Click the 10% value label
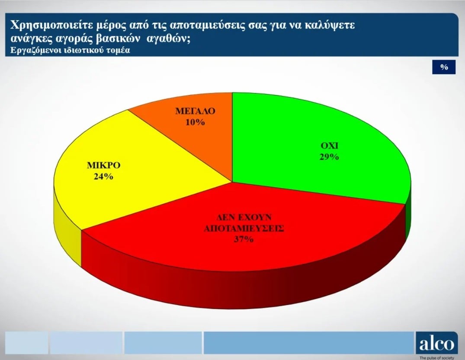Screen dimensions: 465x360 tap(195, 122)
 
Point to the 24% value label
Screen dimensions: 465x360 tap(103, 176)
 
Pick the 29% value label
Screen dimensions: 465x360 tap(329, 157)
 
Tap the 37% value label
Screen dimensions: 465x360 tap(244, 239)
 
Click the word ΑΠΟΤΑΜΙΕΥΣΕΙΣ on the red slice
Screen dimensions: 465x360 tap(244, 229)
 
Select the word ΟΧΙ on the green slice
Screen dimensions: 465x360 tap(329, 146)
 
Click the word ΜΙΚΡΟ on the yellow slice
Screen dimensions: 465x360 tap(103, 166)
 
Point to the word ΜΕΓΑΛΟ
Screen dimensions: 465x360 tap(195, 111)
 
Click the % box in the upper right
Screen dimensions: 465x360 tap(444, 67)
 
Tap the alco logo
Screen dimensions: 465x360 tap(436, 344)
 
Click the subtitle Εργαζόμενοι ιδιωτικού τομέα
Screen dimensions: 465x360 tap(70, 50)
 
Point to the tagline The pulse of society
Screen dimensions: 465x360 tap(436, 358)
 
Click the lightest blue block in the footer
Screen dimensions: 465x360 tap(26, 343)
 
